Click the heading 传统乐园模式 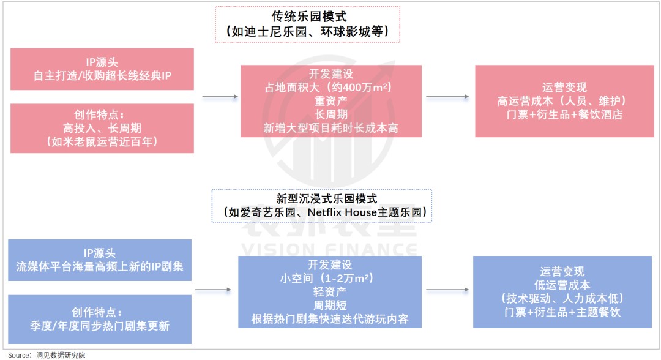[307, 17]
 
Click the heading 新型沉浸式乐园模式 [321, 198]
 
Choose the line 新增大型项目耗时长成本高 [330, 129]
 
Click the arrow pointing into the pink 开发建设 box [219, 97]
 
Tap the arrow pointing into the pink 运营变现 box [447, 97]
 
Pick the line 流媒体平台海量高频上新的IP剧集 [100, 267]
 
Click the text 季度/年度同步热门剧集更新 [100, 326]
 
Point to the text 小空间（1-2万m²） [330, 278]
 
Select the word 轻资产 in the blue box [330, 292]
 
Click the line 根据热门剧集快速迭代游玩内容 [330, 319]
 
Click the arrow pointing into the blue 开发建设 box [215, 290]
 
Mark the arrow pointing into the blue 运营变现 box [447, 290]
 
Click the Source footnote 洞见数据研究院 [61, 354]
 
